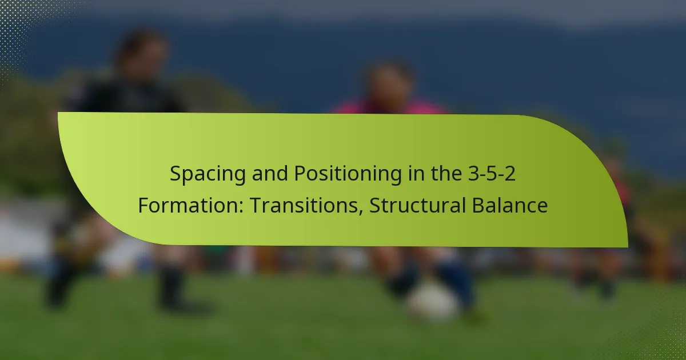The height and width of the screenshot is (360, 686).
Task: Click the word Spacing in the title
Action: [x=208, y=174]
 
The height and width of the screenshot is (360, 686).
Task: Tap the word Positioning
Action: [x=348, y=174]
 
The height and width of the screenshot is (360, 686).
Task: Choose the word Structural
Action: [x=417, y=205]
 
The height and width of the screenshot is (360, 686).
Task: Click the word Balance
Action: [x=509, y=205]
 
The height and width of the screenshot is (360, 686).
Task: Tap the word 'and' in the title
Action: [x=270, y=174]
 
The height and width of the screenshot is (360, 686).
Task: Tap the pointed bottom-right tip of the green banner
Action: [x=628, y=247]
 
